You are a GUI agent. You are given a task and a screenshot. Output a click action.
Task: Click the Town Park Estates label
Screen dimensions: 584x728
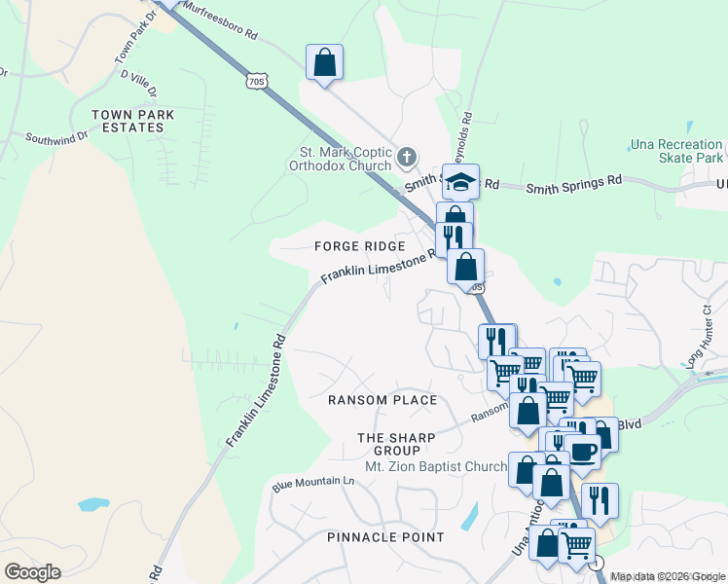pos(132,121)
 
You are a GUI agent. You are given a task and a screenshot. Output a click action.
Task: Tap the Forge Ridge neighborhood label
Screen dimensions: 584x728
pos(358,247)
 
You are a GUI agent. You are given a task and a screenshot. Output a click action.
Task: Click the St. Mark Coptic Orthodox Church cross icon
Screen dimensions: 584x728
pos(406,156)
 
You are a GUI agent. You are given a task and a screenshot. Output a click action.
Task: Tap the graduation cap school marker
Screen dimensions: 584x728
pos(460,181)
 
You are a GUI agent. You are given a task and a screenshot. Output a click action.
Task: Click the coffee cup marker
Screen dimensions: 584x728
pos(583,452)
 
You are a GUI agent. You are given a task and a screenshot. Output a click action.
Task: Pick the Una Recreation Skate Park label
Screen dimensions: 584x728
pos(677,151)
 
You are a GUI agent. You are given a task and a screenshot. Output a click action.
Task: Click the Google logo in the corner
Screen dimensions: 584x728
pos(32,571)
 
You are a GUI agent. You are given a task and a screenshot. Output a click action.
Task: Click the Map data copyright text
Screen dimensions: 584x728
pos(668,576)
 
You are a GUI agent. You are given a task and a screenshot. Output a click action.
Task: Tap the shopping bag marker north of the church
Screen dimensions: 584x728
pos(325,63)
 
